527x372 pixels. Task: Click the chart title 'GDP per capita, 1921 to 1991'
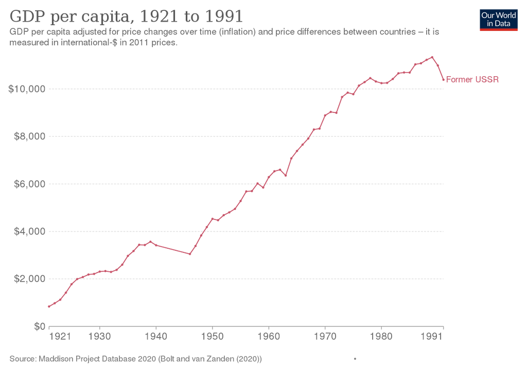[x=126, y=16]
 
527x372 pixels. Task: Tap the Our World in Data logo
[x=498, y=20]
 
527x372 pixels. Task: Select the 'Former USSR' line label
[x=472, y=80]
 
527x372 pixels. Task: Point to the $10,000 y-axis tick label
[x=27, y=89]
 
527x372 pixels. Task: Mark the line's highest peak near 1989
[x=433, y=57]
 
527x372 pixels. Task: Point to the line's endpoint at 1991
[x=444, y=80]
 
